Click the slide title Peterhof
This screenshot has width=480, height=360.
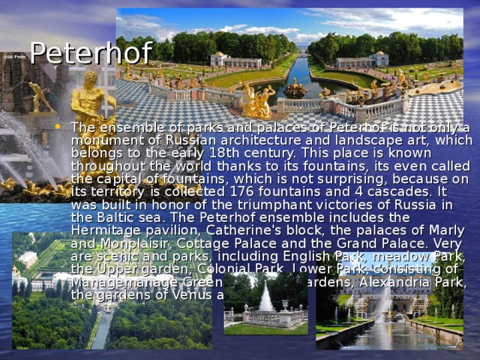(91, 53)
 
